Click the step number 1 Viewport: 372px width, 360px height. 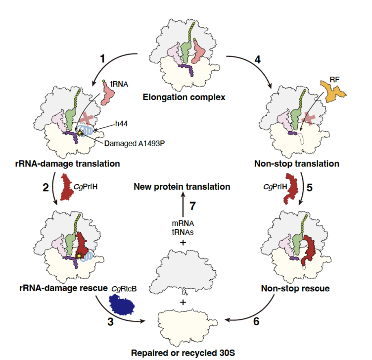tap(102, 58)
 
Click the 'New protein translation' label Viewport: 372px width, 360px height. tap(182, 187)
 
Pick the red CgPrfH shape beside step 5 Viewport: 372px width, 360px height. tap(294, 189)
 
